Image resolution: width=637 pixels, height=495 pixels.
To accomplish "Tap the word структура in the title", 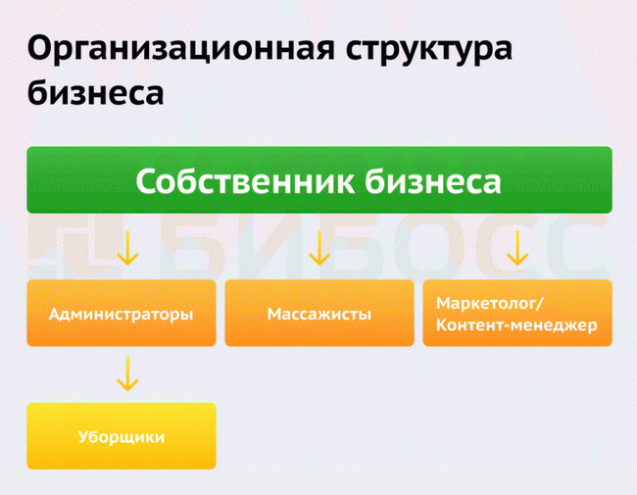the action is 429,51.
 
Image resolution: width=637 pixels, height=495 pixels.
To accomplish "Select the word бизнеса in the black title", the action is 95,92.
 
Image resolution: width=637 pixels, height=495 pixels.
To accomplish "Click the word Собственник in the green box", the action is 245,181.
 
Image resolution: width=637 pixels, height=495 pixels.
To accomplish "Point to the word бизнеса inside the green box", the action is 432,181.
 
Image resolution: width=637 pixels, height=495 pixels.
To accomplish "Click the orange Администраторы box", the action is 122,313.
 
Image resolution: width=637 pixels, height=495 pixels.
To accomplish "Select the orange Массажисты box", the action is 319,313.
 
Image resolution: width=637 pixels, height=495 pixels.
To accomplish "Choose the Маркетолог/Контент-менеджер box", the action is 517,313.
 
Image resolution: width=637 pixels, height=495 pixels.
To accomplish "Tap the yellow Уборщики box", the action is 122,436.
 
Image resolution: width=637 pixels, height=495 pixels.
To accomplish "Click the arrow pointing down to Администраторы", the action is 127,248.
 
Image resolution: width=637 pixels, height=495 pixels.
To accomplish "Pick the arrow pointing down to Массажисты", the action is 319,248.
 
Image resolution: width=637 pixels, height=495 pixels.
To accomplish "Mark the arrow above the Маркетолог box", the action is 517,248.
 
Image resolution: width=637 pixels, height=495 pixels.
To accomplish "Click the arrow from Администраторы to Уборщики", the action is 127,373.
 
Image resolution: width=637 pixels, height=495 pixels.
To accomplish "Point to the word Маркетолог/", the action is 490,304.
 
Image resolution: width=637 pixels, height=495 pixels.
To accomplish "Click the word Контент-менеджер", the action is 516,325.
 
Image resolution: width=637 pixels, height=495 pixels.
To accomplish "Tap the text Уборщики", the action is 122,437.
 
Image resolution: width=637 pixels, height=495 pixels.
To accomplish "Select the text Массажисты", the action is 319,314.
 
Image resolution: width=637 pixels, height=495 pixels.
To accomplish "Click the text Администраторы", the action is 122,315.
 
